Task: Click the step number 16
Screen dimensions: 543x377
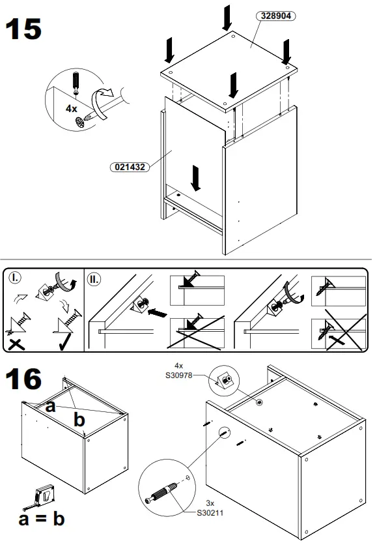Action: pos(23,378)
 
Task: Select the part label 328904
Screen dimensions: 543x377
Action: pos(276,15)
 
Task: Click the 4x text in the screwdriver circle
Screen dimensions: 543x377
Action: pos(72,109)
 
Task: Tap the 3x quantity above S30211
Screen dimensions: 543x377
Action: pos(210,504)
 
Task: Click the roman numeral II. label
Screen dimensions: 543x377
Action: pos(95,279)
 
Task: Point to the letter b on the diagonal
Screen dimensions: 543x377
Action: pos(79,420)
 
